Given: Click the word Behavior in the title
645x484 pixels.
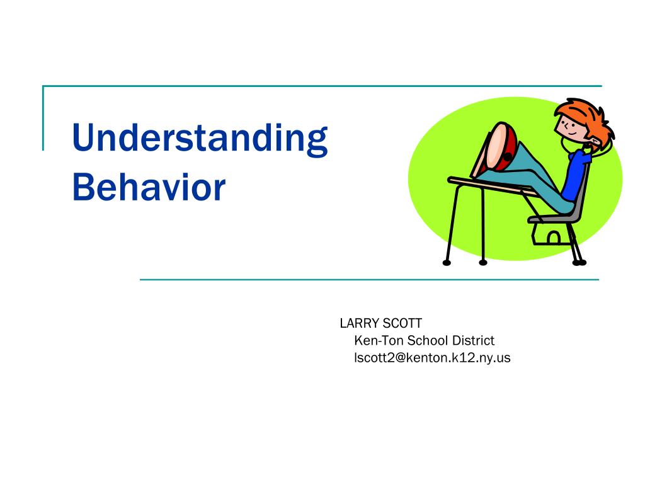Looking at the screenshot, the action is (x=149, y=187).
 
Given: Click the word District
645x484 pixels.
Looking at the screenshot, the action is (x=473, y=340).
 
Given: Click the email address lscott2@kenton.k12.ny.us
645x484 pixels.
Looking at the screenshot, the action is (x=432, y=358).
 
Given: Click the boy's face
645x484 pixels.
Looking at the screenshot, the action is (x=569, y=127).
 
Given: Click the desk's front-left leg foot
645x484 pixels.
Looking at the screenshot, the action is (x=447, y=263).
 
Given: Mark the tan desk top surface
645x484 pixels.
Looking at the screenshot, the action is (x=490, y=186).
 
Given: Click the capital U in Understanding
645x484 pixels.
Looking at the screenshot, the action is (x=85, y=137).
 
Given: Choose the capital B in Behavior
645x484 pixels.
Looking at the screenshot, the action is (x=84, y=187).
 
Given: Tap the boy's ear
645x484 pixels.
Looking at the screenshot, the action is (x=593, y=143).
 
